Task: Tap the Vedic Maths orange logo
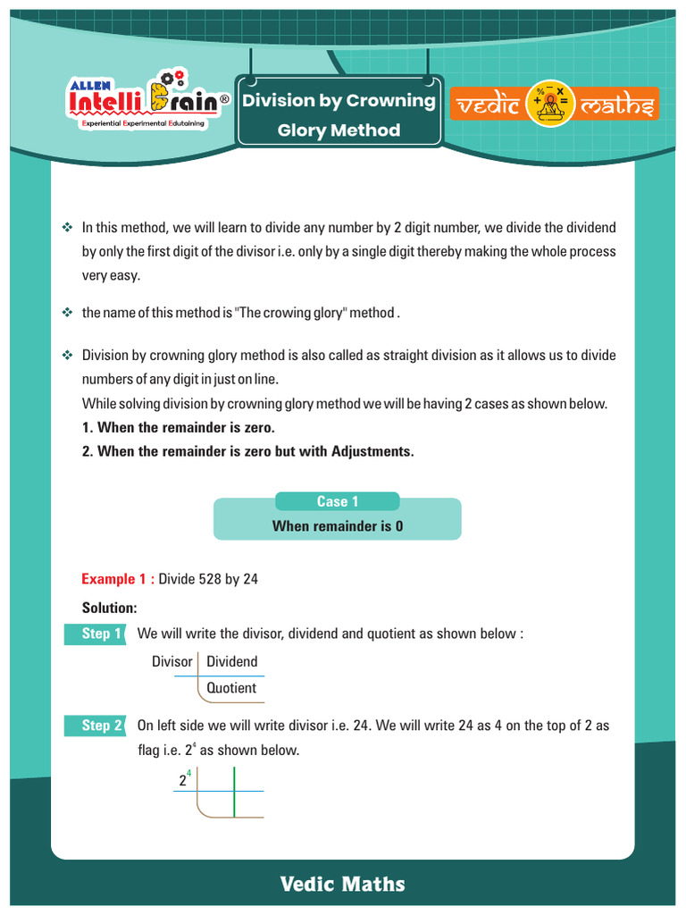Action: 553,105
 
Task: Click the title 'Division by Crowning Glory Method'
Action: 339,115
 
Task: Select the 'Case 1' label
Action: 337,501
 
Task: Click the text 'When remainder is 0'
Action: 337,526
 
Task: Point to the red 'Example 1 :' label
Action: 118,579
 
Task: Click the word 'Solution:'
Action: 109,608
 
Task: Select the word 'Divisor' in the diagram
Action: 172,662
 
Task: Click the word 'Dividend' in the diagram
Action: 231,662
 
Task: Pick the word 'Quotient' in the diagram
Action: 231,688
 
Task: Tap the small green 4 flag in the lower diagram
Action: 189,774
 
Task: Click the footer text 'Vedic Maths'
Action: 342,885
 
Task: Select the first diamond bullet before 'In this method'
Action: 66,228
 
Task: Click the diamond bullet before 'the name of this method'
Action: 66,313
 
